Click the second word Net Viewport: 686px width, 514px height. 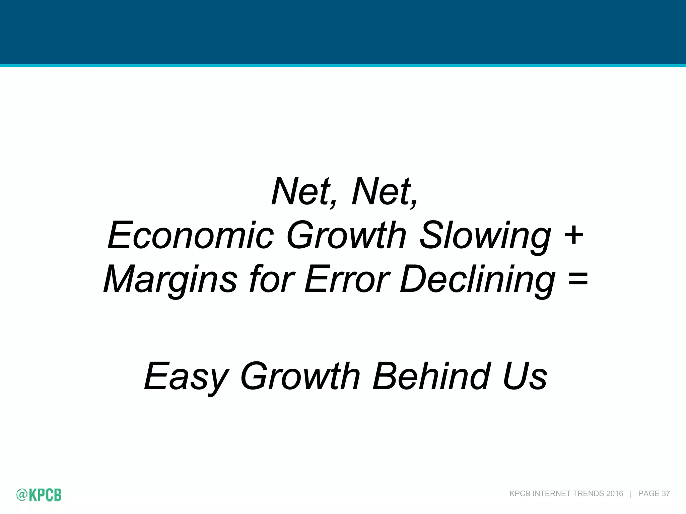point(382,191)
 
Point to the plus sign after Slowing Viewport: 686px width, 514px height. point(574,234)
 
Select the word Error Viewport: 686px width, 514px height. point(347,279)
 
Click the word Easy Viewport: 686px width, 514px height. point(186,377)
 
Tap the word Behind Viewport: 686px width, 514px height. point(432,376)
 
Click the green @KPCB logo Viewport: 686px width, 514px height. point(39,494)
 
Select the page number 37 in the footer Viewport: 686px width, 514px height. point(666,494)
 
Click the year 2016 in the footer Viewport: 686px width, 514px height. point(614,494)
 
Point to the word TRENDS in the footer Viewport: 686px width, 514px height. point(589,494)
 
